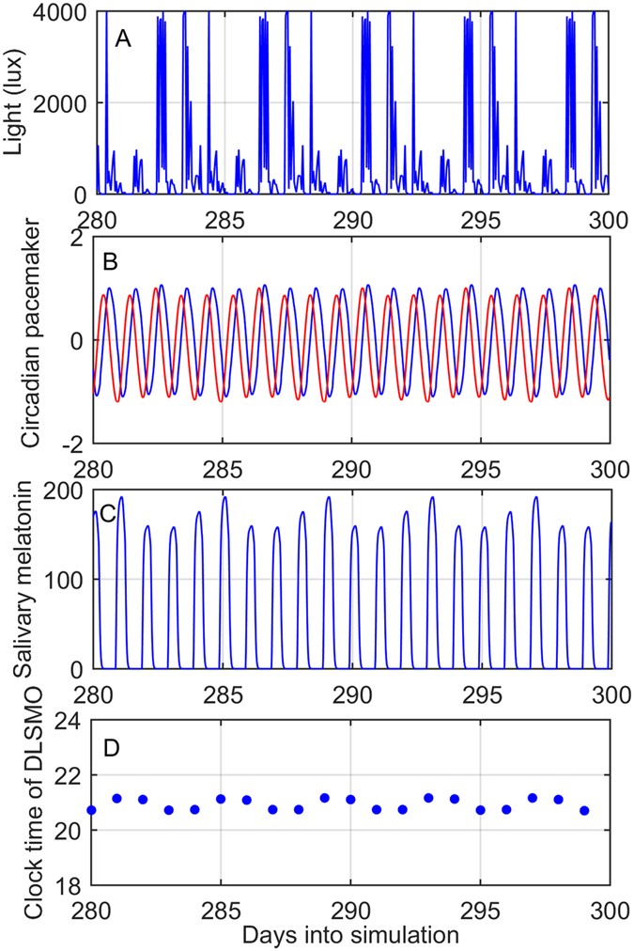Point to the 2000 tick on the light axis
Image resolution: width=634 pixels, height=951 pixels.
64,102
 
